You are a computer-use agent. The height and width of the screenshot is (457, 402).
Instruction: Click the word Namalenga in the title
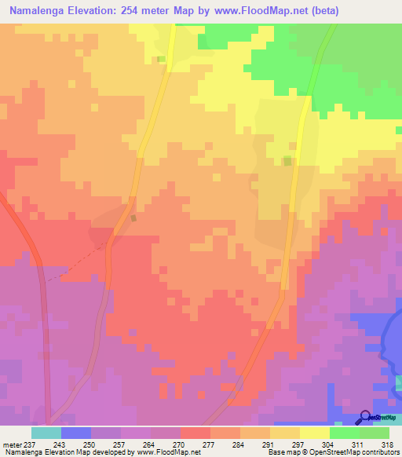click(38, 10)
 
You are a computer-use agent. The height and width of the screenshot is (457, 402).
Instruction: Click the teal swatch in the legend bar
click(46, 433)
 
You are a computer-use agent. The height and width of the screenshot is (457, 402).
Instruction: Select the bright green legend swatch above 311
click(344, 433)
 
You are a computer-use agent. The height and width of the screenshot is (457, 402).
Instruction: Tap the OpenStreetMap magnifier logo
click(365, 417)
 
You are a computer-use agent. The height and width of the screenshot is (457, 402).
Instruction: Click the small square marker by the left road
click(134, 218)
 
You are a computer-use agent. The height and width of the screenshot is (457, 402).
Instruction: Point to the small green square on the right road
click(287, 161)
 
